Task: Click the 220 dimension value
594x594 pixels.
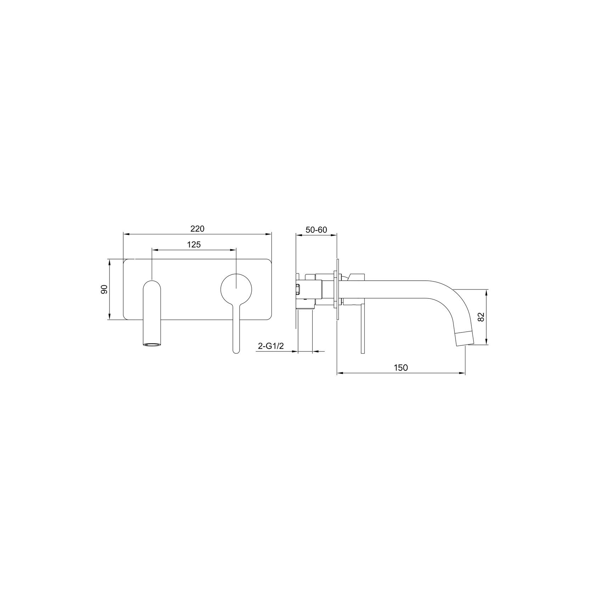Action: point(197,229)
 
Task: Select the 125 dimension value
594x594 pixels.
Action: point(194,245)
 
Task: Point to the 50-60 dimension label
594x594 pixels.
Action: point(316,230)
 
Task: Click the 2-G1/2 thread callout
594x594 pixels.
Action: point(271,346)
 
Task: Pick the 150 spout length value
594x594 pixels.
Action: point(401,368)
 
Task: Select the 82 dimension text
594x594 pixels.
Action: point(481,317)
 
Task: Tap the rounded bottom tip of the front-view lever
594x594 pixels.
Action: point(236,350)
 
